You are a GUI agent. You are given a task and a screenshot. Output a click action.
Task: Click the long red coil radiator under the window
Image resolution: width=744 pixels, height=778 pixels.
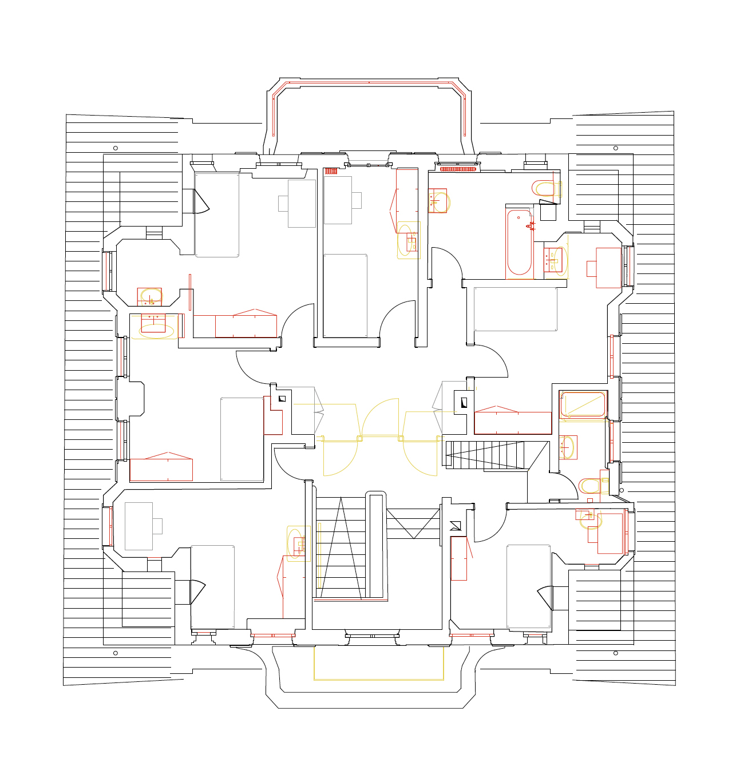(458, 169)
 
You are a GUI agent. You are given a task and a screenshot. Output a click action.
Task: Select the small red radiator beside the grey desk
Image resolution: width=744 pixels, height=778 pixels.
(330, 171)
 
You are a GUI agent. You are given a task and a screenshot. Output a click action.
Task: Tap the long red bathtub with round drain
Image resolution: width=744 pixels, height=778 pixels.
(519, 243)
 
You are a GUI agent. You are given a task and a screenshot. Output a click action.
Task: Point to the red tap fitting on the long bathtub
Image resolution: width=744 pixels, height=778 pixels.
(531, 226)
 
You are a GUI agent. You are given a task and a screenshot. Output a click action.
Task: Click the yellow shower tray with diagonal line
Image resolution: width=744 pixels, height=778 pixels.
(583, 404)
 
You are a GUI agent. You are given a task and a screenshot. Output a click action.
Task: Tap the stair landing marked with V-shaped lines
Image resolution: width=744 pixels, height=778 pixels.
(413, 523)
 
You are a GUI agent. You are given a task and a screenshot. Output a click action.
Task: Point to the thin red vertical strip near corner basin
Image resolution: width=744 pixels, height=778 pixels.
(190, 292)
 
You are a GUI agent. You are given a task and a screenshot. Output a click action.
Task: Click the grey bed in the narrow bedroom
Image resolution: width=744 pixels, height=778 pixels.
(345, 296)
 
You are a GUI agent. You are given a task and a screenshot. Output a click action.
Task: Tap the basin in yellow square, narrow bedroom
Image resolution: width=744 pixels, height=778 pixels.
(409, 240)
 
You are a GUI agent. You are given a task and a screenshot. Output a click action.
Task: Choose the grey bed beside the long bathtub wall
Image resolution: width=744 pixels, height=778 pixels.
(515, 309)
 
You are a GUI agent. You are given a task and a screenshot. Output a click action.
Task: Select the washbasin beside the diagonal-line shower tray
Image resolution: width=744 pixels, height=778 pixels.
(568, 447)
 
